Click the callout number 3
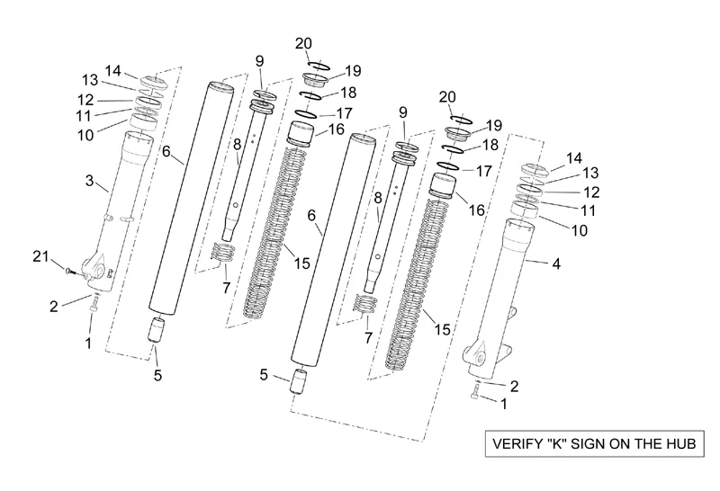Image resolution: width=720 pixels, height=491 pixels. coord(89,181)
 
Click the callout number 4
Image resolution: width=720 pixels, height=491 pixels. coord(555,264)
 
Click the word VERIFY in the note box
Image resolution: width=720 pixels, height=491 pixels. coord(514,445)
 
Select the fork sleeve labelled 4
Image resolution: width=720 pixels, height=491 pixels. coord(505,288)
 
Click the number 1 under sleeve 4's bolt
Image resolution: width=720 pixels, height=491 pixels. coord(503,405)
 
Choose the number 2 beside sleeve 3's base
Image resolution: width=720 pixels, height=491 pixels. coord(54,307)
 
